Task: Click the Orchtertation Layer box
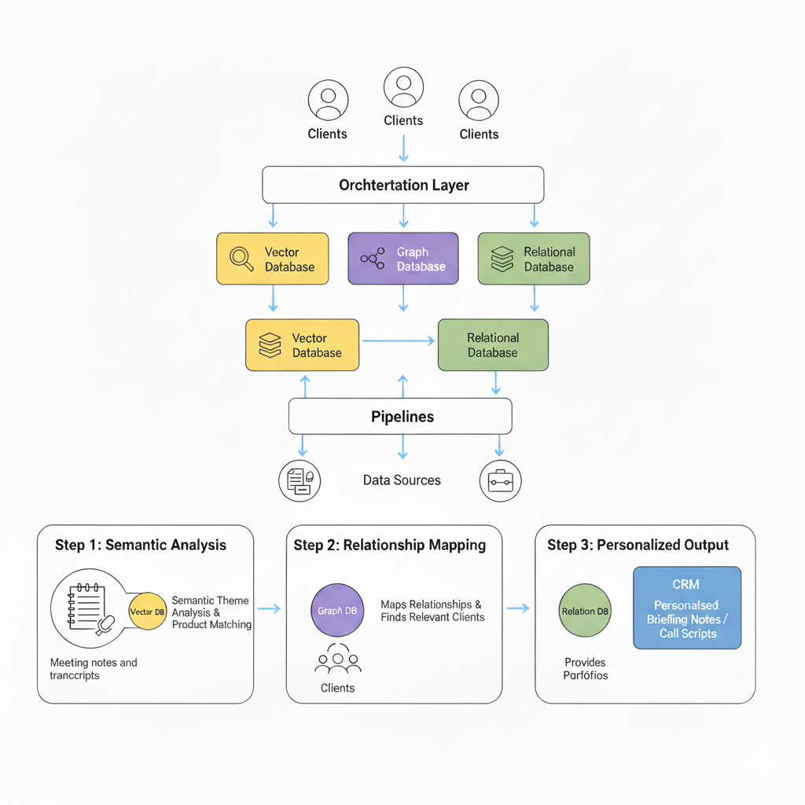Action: (x=402, y=186)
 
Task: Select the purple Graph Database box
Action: (x=402, y=259)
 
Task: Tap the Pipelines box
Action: (x=400, y=416)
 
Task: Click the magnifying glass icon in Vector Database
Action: (x=241, y=259)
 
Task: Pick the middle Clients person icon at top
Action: (x=403, y=86)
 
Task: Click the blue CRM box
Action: (x=687, y=608)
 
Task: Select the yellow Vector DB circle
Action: (x=147, y=612)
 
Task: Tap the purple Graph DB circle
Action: (x=336, y=611)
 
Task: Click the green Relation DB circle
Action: (x=585, y=611)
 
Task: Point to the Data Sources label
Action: (x=402, y=480)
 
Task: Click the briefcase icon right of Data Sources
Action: (x=500, y=480)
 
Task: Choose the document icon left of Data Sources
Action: (x=300, y=480)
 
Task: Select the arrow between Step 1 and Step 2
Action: (x=269, y=608)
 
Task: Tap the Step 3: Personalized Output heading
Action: (x=638, y=545)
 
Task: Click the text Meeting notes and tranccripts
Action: (x=93, y=669)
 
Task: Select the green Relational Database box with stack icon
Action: (x=533, y=259)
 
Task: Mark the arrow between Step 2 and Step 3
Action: (x=517, y=608)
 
